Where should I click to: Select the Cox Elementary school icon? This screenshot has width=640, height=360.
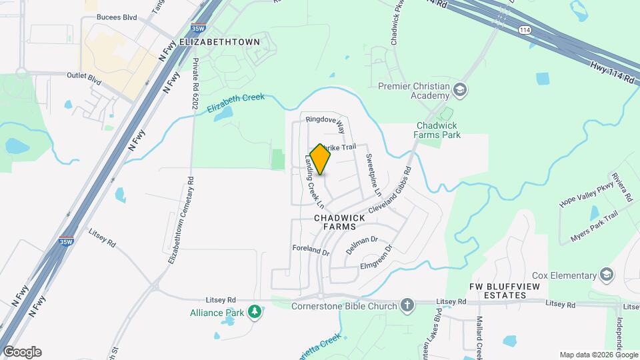point(607,275)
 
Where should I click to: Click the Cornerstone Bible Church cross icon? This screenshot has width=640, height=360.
point(407,306)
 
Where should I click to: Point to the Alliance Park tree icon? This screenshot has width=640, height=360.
point(254,311)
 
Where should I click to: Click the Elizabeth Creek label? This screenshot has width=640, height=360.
point(235,103)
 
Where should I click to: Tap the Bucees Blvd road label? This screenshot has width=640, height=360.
point(117,17)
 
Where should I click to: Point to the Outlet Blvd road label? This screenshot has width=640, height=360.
point(84,79)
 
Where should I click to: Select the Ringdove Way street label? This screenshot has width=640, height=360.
point(325,123)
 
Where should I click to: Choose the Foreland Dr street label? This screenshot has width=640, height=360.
point(311,251)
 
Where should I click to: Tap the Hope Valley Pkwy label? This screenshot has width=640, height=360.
point(586,194)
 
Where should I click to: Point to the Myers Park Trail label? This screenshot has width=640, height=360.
point(594,227)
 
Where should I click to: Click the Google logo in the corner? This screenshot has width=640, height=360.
point(21,352)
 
